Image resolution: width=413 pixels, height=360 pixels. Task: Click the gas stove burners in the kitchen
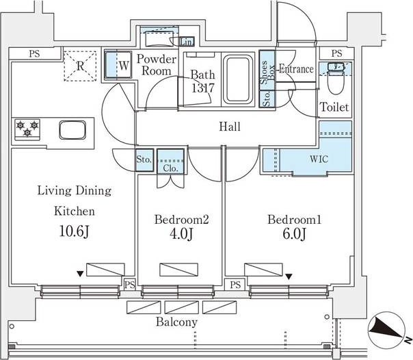[27, 129]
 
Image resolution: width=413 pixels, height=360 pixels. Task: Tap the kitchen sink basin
[72, 130]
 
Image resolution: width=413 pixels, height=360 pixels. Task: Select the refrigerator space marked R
[80, 66]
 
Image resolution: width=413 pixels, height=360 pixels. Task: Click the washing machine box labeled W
[118, 65]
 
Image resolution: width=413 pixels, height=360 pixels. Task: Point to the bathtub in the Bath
[238, 79]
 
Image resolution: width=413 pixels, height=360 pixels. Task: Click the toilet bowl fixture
[336, 79]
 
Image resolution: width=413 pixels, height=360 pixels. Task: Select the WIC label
[319, 159]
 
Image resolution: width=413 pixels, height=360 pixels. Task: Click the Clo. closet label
[170, 168]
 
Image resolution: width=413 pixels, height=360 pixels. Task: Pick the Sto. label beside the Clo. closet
[144, 159]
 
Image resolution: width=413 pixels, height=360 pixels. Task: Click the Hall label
[230, 127]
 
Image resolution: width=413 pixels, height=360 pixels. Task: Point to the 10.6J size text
[75, 231]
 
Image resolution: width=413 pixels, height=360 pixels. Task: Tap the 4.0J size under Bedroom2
[182, 233]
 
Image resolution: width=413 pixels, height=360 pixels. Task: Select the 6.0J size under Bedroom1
[295, 233]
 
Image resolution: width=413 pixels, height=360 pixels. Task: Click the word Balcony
[176, 322]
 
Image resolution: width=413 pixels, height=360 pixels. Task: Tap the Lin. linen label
[187, 42]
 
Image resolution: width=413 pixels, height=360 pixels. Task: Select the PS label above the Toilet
[336, 53]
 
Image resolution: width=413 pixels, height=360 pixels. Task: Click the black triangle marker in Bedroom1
[289, 277]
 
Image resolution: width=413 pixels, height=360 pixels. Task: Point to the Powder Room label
[157, 64]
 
